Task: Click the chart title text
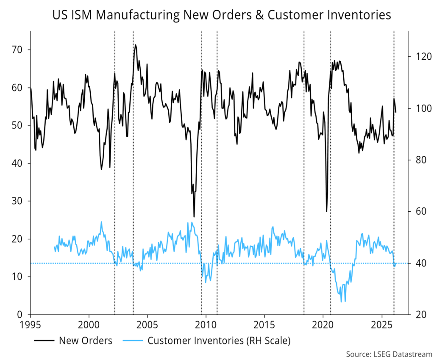(221, 16)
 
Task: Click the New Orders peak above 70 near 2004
(136, 45)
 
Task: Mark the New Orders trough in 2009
(194, 216)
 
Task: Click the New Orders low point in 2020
(326, 211)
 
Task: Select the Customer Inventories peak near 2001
(101, 222)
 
